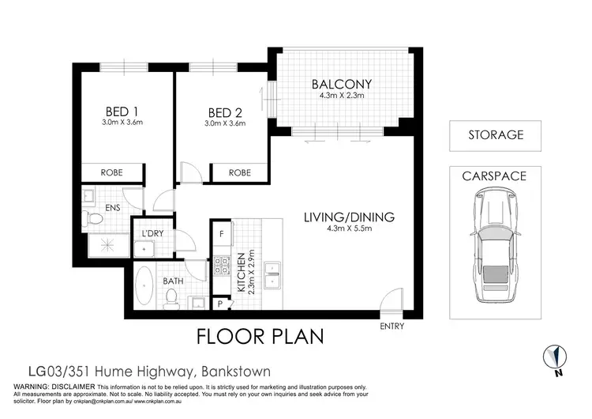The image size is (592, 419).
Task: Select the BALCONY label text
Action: coord(341,84)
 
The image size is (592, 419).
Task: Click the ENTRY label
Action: coord(392,326)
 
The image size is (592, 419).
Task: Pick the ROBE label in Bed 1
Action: coord(111,172)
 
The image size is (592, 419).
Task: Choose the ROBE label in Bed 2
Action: coord(240,172)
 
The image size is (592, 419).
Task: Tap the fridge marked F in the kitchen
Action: coord(222,234)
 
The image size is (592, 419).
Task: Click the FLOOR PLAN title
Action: coord(260,336)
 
